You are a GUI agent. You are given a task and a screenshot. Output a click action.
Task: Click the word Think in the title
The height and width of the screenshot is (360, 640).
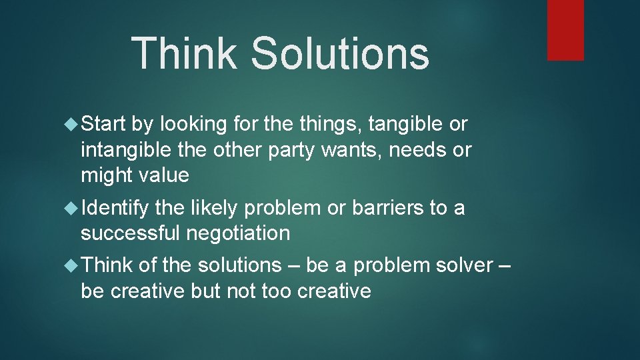184,53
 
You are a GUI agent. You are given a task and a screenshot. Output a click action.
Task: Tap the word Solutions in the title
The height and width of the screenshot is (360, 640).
339,53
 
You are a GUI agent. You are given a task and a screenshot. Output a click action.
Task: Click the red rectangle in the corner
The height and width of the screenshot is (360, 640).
565,29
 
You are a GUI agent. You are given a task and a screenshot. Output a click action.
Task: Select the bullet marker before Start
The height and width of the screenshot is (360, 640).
72,125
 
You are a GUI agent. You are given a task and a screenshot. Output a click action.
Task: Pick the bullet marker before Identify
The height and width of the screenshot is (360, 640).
72,209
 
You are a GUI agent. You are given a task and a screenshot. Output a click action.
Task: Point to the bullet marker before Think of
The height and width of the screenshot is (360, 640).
72,265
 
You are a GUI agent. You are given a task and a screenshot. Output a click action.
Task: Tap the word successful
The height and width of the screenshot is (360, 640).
130,234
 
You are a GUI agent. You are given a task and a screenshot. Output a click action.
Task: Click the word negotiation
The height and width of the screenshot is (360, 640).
238,234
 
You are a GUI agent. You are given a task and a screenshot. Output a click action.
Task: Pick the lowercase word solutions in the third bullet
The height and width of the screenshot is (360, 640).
239,265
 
